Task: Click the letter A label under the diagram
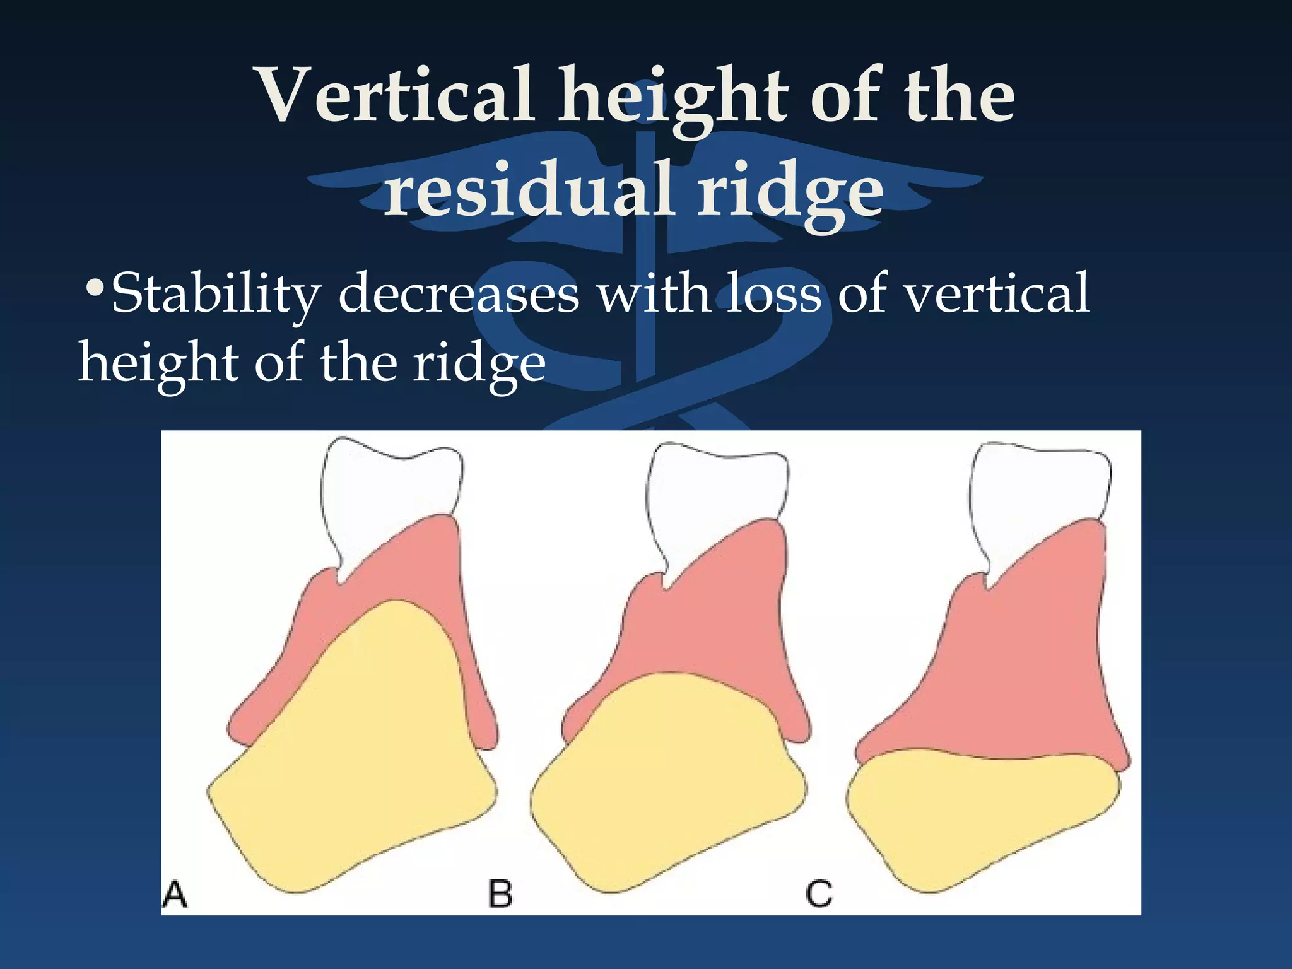point(175,895)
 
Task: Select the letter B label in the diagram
point(500,895)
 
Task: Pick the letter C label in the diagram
point(819,895)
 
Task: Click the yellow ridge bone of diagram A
point(360,757)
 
